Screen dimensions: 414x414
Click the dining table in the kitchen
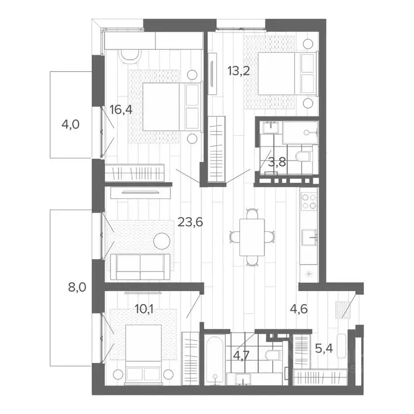252,235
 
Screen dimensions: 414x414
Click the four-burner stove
309,201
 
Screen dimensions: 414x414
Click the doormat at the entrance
342,309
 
